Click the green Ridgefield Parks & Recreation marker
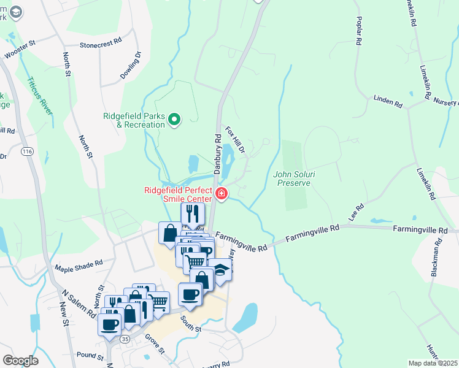[x=174, y=119]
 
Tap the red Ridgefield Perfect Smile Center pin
[x=222, y=194]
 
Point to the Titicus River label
[x=40, y=92]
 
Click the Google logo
[x=21, y=361]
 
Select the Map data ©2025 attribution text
[x=433, y=363]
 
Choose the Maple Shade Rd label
[x=79, y=266]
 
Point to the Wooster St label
[x=21, y=50]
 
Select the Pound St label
[x=90, y=355]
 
